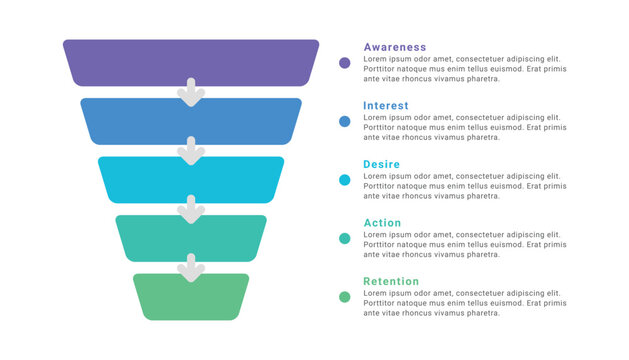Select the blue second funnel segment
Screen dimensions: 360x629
[x=191, y=122]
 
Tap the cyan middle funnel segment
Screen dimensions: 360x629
[x=191, y=180]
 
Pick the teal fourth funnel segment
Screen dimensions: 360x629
[x=191, y=237]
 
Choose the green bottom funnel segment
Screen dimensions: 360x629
[x=191, y=298]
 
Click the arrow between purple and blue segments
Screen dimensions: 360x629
[x=191, y=93]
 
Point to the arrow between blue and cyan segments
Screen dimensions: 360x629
[x=191, y=151]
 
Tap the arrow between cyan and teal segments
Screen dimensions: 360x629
[x=191, y=209]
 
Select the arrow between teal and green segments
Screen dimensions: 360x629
[x=191, y=267]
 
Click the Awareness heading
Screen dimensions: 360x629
[x=394, y=47]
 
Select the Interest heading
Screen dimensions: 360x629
[x=386, y=106]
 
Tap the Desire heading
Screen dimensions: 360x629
[x=382, y=164]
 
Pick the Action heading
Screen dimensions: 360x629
[x=382, y=223]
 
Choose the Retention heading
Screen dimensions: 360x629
[x=391, y=281]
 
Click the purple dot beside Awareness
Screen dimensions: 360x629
[x=345, y=63]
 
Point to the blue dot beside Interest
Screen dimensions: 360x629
[x=345, y=121]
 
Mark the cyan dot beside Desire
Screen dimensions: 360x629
[x=345, y=180]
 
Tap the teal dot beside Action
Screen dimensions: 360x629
[x=345, y=238]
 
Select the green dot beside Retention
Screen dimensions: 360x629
[x=345, y=297]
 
